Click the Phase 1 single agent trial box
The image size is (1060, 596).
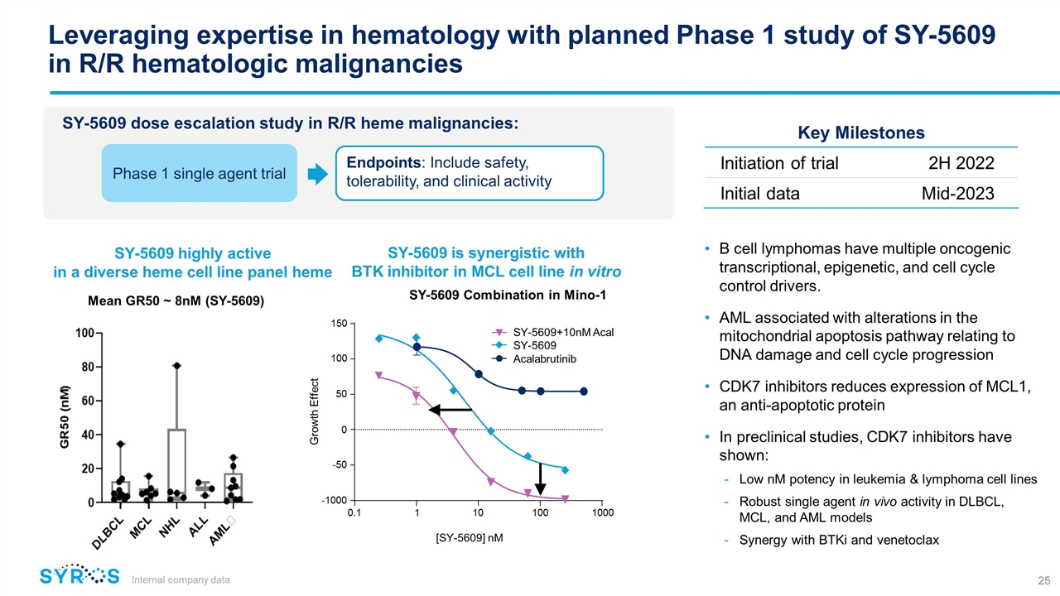click(x=200, y=173)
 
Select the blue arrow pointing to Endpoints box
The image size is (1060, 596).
click(x=317, y=174)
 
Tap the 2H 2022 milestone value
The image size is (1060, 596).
click(x=961, y=163)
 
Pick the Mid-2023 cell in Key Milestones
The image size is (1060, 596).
click(x=958, y=194)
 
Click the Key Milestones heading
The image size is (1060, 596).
click(x=861, y=133)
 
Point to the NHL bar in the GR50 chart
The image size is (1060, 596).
click(x=176, y=465)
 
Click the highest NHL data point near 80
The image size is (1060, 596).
click(x=176, y=366)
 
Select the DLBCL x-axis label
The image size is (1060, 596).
click(x=108, y=534)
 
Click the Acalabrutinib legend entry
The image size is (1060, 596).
click(x=535, y=359)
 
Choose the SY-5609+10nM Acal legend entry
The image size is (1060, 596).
click(x=552, y=332)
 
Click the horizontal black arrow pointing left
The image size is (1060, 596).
click(x=450, y=410)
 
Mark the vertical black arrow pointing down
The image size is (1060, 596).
click(x=541, y=479)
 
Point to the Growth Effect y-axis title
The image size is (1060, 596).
click(x=314, y=411)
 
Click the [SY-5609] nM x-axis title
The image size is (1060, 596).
click(x=470, y=538)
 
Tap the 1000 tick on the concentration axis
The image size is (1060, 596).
click(x=602, y=512)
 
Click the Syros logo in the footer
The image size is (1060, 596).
click(x=79, y=575)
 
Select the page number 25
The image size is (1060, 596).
click(x=1044, y=580)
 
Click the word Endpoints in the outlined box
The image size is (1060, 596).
click(x=383, y=163)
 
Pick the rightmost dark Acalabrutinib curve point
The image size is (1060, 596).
click(x=584, y=392)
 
